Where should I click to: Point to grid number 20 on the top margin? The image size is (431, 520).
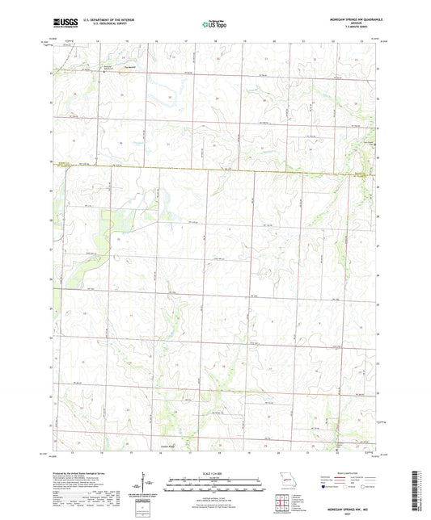[x=274, y=40]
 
